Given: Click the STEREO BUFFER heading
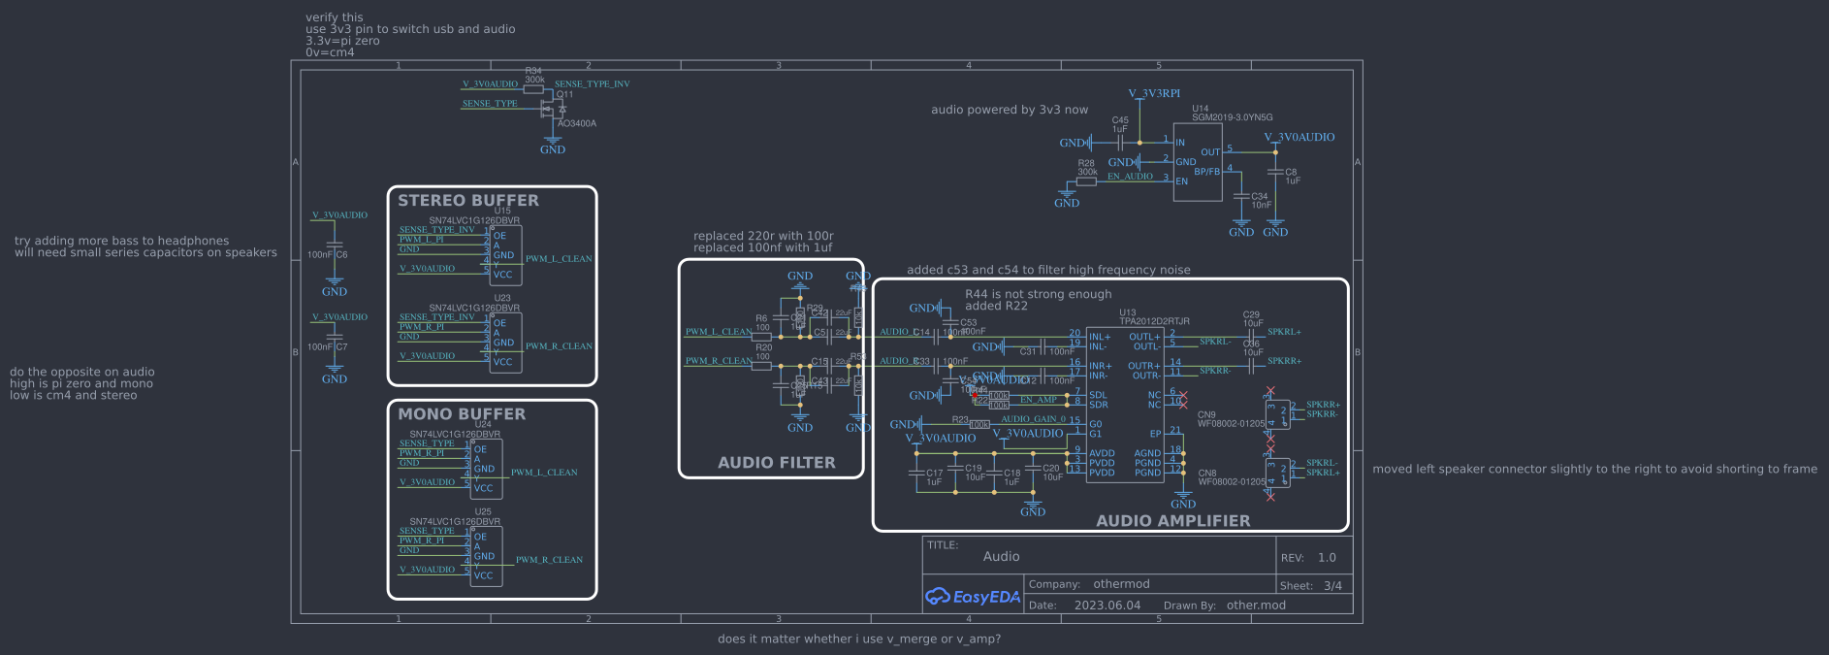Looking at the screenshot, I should pyautogui.click(x=467, y=201).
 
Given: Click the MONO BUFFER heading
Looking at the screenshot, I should pyautogui.click(x=462, y=414).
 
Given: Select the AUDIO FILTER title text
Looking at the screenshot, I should pyautogui.click(x=776, y=463).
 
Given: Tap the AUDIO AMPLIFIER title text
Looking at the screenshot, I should pyautogui.click(x=1172, y=521).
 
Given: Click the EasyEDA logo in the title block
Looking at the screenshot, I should pyautogui.click(x=973, y=597).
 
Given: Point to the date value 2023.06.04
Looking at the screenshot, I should pyautogui.click(x=1107, y=606).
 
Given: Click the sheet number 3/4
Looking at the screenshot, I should pyautogui.click(x=1332, y=586).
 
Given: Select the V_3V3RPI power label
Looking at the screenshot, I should pyautogui.click(x=1154, y=94).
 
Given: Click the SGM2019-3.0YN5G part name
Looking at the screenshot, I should pyautogui.click(x=1232, y=117).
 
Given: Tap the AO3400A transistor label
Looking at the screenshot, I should pyautogui.click(x=577, y=124).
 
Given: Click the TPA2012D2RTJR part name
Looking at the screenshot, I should pyautogui.click(x=1154, y=321).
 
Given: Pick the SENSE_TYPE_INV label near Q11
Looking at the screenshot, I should pyautogui.click(x=592, y=84).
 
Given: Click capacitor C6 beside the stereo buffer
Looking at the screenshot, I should pyautogui.click(x=335, y=254).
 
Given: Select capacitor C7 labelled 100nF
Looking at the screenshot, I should pyautogui.click(x=335, y=346).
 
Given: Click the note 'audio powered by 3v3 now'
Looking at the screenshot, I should pyautogui.click(x=1009, y=111).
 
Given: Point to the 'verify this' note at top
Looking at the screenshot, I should pyautogui.click(x=334, y=17).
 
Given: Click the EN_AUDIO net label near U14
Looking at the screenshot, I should pyautogui.click(x=1130, y=177).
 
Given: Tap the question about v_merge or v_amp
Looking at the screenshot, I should pyautogui.click(x=858, y=639).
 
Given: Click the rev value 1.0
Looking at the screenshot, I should pyautogui.click(x=1327, y=558).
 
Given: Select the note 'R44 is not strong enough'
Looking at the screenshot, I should pyautogui.click(x=1038, y=294).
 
